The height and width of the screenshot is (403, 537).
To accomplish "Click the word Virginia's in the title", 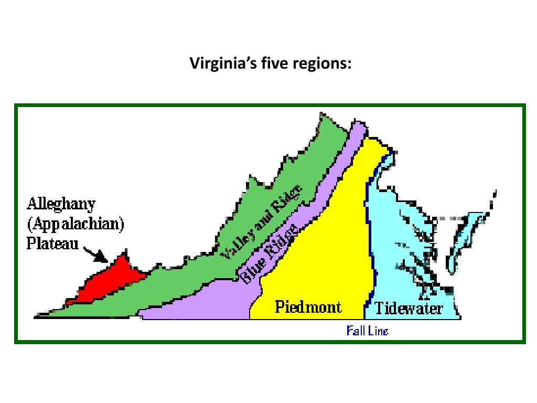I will tap(216, 65).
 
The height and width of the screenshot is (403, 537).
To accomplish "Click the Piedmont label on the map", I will tap(308, 307).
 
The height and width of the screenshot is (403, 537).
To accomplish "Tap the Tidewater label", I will tap(409, 308).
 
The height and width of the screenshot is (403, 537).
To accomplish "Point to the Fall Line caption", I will tap(367, 331).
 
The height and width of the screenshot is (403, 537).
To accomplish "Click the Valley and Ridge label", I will tap(262, 222).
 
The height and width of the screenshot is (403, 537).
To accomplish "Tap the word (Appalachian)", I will tap(76, 224).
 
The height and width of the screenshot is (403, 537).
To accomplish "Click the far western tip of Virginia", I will tap(38, 316).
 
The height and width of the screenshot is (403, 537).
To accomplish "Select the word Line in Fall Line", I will tap(379, 331).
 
